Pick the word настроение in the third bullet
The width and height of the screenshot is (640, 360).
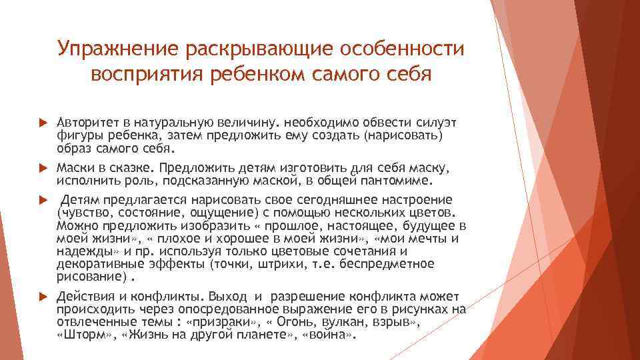pos(419,201)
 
